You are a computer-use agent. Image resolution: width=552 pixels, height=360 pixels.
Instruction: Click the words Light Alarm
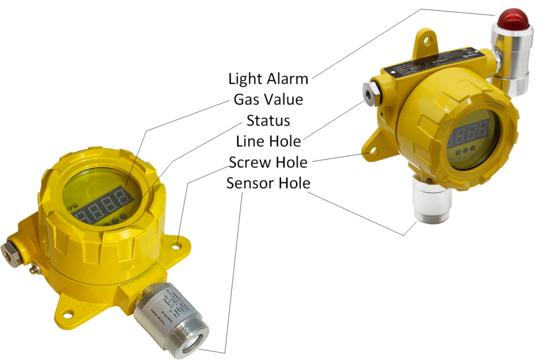click(x=268, y=79)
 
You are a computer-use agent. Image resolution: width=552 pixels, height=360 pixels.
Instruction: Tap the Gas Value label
click(x=268, y=99)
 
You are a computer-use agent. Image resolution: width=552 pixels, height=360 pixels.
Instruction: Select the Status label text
click(x=268, y=120)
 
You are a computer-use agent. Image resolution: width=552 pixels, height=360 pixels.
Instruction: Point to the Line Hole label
click(x=268, y=141)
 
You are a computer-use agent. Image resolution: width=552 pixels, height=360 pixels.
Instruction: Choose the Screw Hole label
click(x=268, y=162)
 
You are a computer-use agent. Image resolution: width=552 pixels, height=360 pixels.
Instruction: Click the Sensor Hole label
click(x=268, y=183)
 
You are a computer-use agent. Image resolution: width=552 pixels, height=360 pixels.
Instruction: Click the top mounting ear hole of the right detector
click(x=427, y=39)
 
